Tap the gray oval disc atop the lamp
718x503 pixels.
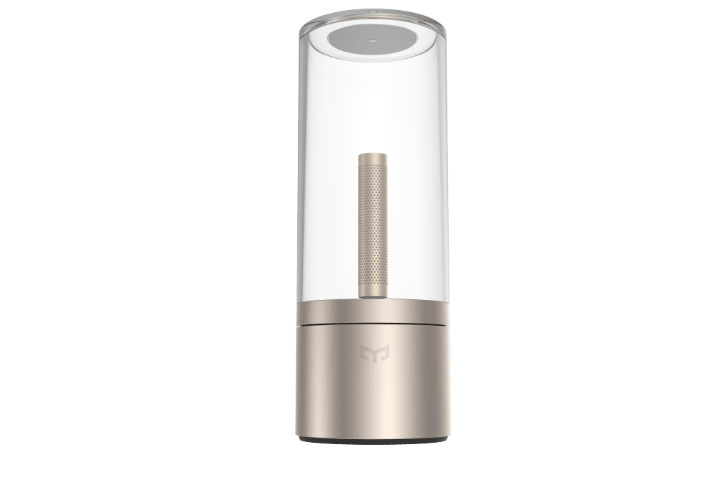pyautogui.click(x=359, y=43)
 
